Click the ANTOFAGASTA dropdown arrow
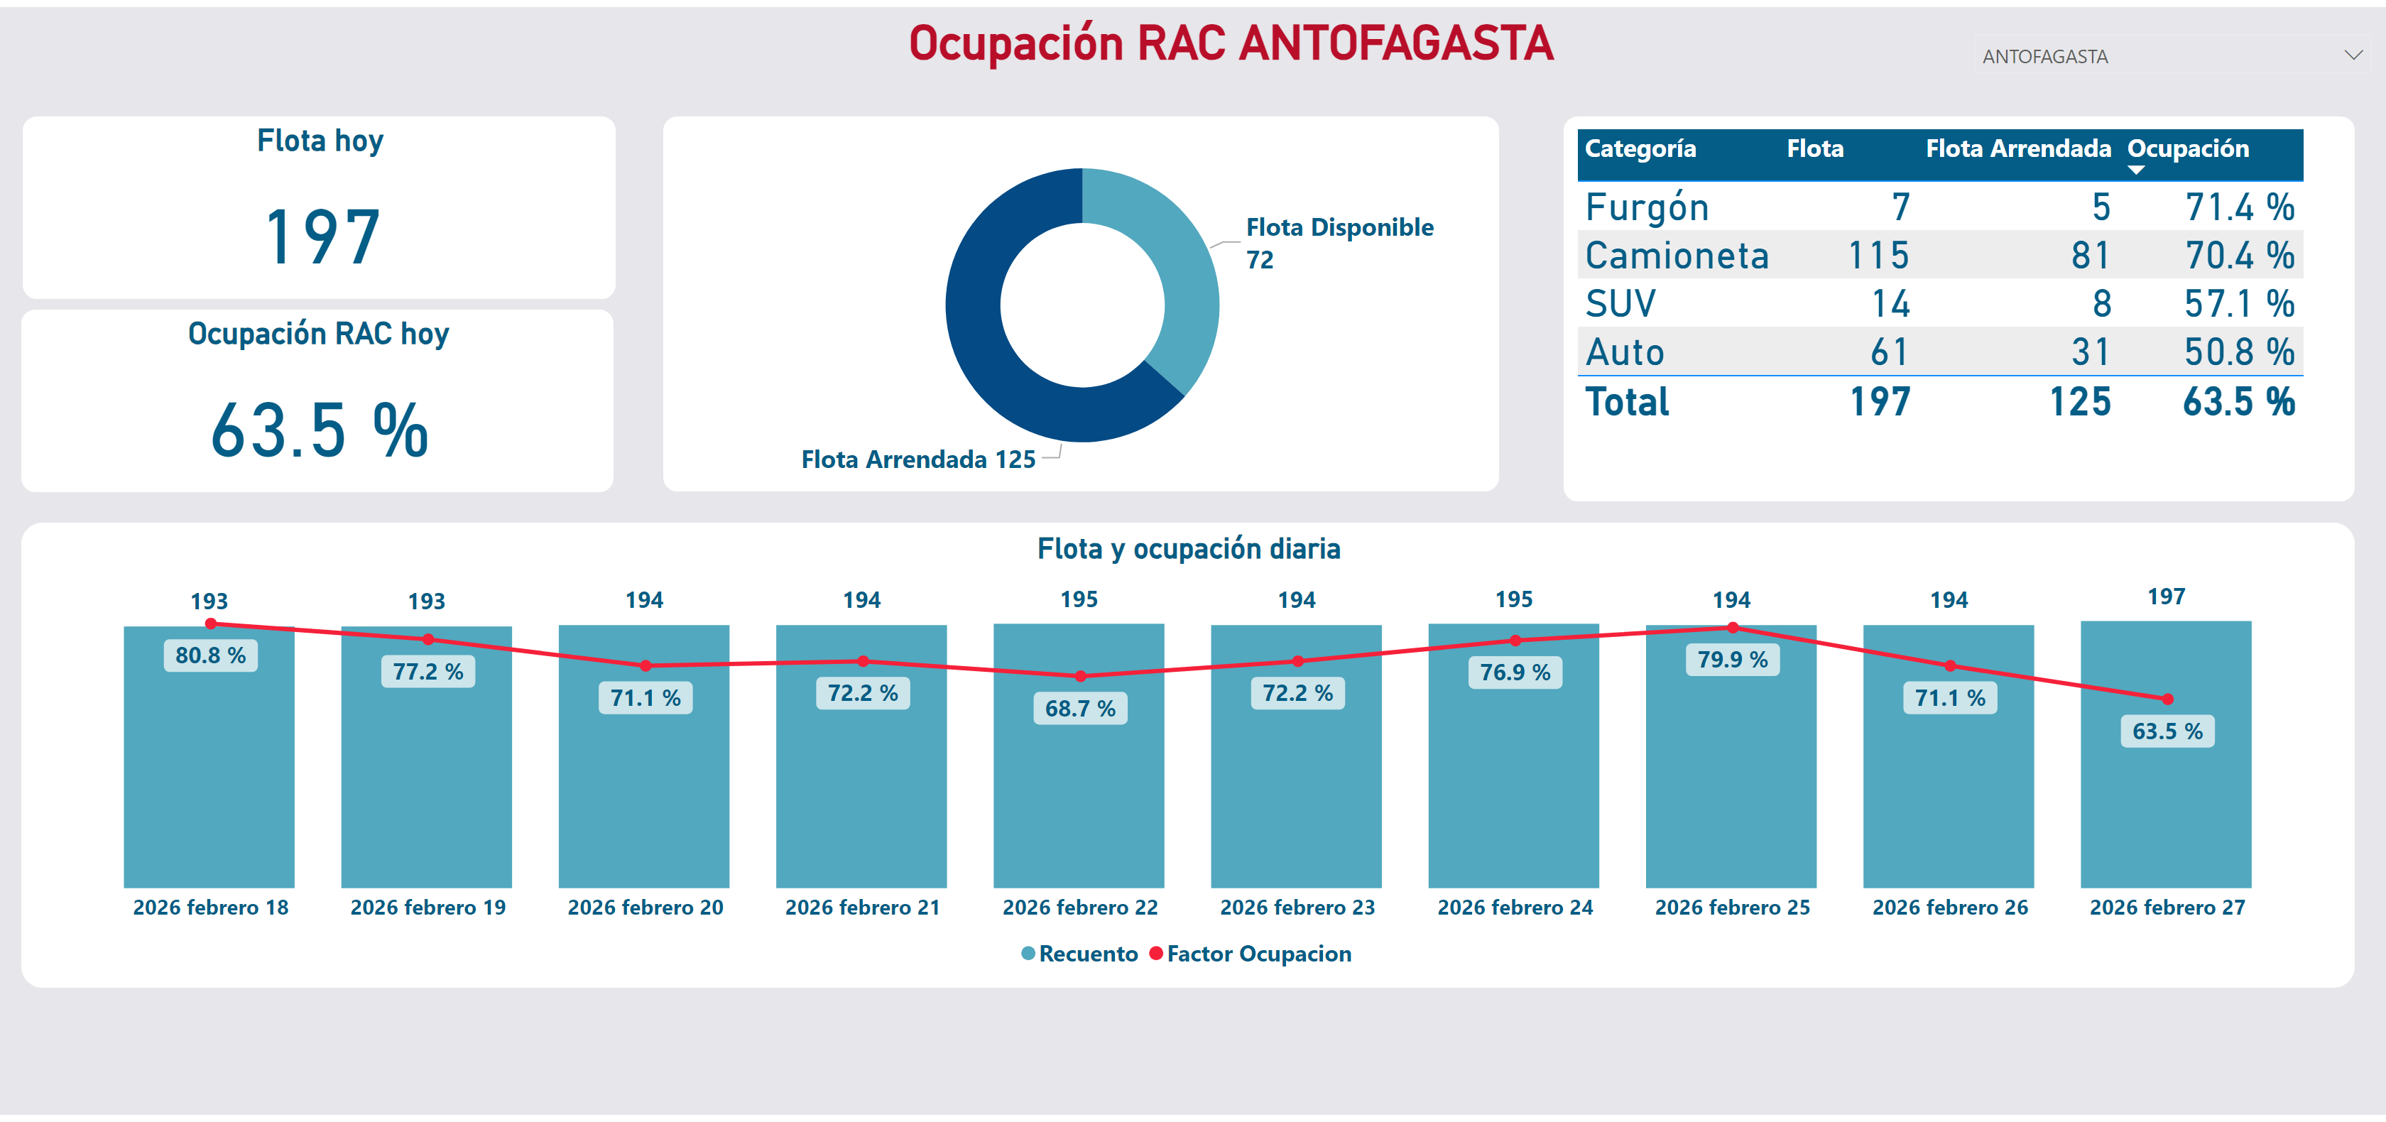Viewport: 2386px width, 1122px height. click(x=2353, y=55)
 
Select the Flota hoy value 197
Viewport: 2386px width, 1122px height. click(x=322, y=237)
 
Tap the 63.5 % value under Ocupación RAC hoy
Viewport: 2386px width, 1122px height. click(x=319, y=431)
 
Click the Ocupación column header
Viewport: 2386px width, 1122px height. click(x=2188, y=149)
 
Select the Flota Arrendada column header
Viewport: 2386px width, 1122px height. click(x=2017, y=149)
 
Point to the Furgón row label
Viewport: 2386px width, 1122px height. click(x=1647, y=207)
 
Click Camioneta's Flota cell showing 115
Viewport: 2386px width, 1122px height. click(x=1878, y=256)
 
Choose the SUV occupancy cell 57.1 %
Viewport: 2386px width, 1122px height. click(x=2239, y=304)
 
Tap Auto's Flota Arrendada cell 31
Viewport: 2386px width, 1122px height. click(x=2090, y=352)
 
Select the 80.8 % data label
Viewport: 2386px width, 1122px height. click(x=210, y=656)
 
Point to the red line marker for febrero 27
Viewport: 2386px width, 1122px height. click(x=2167, y=699)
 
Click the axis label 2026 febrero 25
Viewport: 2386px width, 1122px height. click(x=1732, y=907)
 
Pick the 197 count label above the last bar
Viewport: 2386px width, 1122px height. click(x=2166, y=597)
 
